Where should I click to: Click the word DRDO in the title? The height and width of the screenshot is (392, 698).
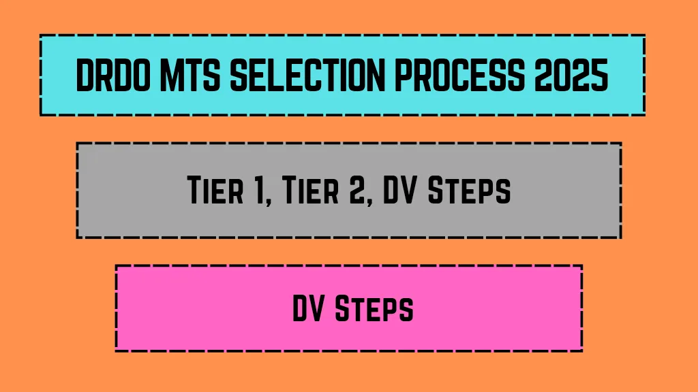113,75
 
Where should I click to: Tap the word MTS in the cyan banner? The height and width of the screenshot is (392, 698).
190,75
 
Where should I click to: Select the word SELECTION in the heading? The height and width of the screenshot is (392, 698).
307,75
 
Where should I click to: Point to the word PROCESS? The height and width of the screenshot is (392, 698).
459,75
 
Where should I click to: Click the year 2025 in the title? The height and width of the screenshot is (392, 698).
571,75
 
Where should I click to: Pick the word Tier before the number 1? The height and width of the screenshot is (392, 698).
215,190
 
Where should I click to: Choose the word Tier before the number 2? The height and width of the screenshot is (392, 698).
311,190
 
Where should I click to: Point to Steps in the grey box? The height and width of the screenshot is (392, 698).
469,191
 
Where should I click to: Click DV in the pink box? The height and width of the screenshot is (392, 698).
308,308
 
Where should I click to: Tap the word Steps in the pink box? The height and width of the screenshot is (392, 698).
374,309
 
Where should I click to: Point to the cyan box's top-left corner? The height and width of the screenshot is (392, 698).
40,35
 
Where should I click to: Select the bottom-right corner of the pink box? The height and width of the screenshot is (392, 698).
582,350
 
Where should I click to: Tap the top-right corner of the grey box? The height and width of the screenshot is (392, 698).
621,143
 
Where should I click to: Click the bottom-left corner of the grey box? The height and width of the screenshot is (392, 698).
78,238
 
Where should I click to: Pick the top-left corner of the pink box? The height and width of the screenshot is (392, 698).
116,266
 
